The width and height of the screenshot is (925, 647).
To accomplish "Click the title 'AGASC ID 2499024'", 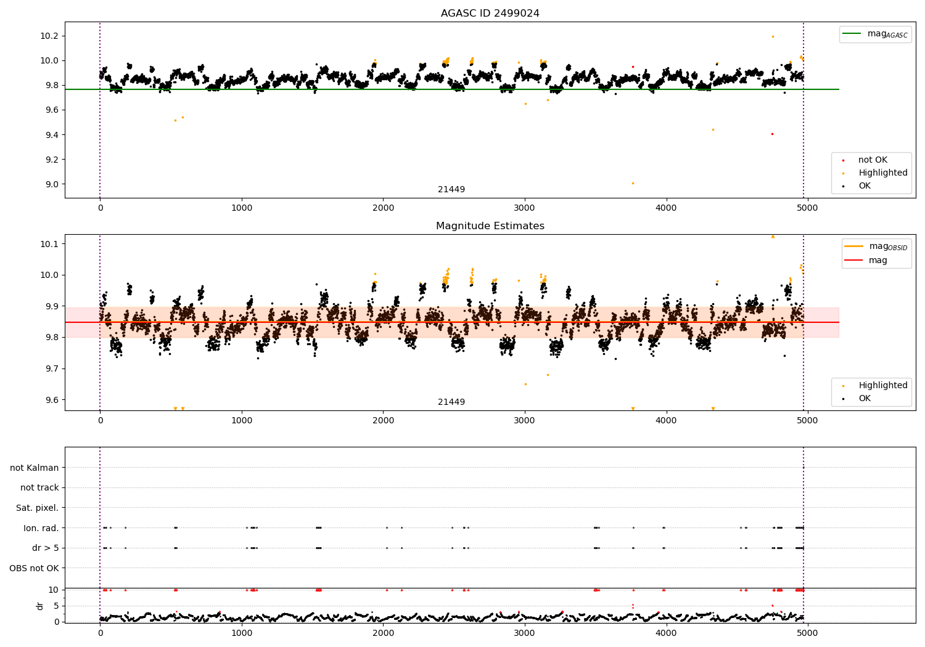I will (x=490, y=14).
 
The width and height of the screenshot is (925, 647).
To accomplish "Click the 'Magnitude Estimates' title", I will (x=490, y=226).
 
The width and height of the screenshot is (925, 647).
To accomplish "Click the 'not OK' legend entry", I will (x=872, y=160).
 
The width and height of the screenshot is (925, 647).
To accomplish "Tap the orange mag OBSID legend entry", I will (x=876, y=246).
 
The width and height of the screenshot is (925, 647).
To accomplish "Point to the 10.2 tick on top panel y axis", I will (x=49, y=36).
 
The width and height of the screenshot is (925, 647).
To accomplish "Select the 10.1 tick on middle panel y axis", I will (x=49, y=244).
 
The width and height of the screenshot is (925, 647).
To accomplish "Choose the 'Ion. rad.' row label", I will (x=41, y=528).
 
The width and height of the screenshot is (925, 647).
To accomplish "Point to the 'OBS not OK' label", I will (x=34, y=568).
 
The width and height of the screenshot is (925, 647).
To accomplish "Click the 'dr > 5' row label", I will (x=45, y=548).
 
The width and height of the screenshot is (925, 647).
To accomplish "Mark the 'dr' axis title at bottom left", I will (x=40, y=606).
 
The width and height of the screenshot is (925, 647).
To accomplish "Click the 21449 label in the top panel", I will (x=451, y=190).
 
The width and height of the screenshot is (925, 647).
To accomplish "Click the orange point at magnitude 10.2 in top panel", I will (x=773, y=36).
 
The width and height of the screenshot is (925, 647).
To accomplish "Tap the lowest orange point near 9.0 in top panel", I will (x=633, y=183).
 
